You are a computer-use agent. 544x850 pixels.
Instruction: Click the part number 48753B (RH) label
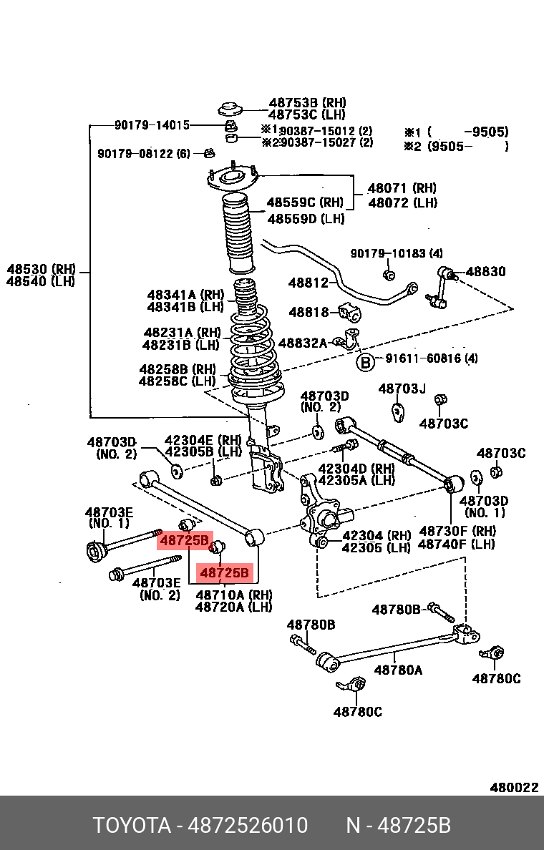[306, 103]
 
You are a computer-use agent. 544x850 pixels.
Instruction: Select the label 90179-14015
[152, 125]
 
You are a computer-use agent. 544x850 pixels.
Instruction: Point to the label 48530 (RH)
[41, 269]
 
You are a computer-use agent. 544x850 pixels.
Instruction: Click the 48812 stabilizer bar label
[309, 283]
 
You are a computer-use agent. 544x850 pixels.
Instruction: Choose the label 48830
[485, 272]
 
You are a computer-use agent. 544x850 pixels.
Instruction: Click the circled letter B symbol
[365, 363]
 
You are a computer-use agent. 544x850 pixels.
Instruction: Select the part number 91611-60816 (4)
[432, 359]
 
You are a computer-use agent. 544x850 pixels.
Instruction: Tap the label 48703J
[402, 389]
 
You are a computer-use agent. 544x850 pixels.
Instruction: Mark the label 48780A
[398, 670]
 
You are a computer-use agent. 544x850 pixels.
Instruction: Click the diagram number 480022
[513, 788]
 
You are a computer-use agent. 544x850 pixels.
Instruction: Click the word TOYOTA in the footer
[132, 826]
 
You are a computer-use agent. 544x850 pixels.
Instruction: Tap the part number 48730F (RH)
[456, 531]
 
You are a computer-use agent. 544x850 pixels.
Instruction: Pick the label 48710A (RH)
[233, 595]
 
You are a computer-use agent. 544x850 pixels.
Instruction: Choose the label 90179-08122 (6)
[144, 154]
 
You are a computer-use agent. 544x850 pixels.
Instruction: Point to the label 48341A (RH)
[185, 295]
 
